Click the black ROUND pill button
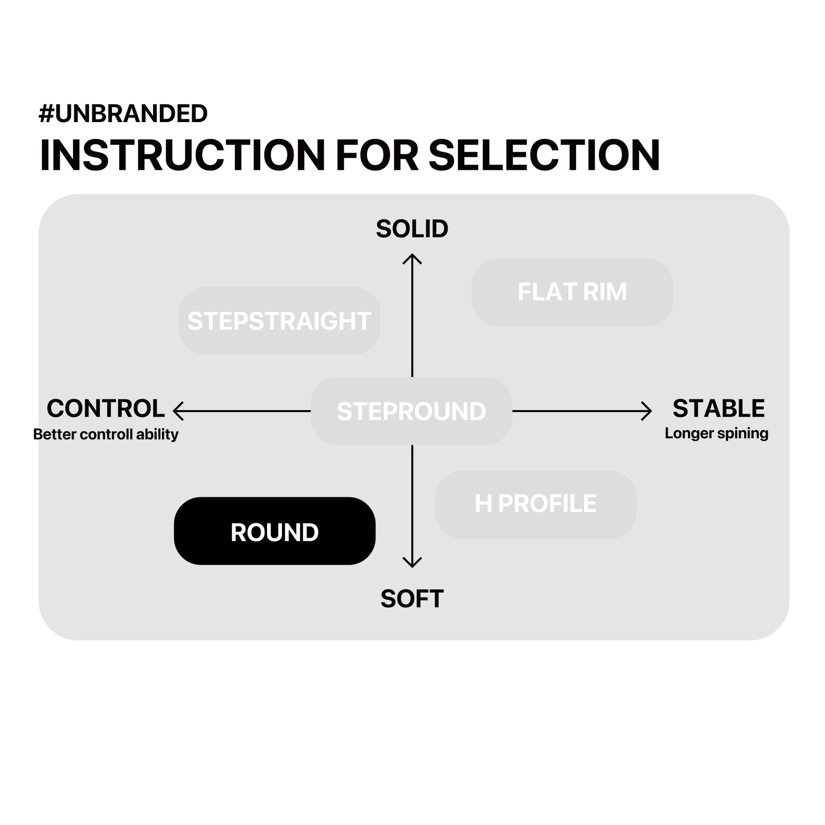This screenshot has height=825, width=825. (x=275, y=531)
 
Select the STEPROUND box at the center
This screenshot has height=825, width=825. (x=411, y=411)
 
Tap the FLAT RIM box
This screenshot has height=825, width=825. (x=572, y=292)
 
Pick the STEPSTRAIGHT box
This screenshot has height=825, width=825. (x=279, y=321)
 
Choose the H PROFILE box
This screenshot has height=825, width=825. (x=535, y=504)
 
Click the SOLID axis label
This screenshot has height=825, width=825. (x=412, y=229)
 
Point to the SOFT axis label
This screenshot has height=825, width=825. (x=412, y=599)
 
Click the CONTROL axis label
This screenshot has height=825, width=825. (x=106, y=408)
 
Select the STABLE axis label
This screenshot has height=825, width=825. (x=719, y=408)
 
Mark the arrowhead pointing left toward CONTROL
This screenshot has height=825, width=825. (x=177, y=411)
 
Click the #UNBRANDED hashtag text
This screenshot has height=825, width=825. (x=123, y=114)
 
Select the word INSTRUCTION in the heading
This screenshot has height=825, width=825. (x=182, y=156)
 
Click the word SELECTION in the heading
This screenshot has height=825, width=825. (x=544, y=156)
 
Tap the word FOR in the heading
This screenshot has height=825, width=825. (x=376, y=156)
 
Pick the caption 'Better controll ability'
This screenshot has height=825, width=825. (x=106, y=434)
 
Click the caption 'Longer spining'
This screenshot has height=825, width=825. (x=716, y=433)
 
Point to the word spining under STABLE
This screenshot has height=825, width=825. (x=743, y=433)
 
